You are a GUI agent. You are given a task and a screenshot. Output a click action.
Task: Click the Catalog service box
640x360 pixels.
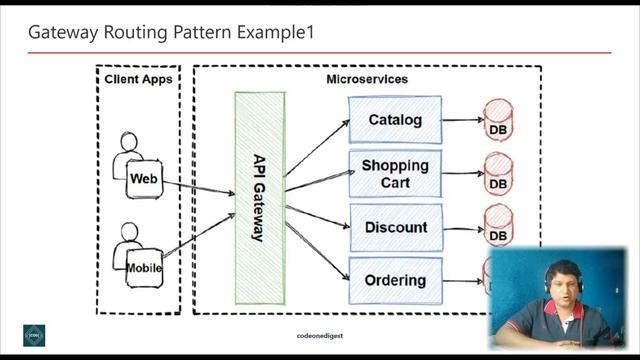point(395,120)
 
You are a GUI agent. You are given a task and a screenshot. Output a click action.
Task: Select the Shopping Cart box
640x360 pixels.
point(395,173)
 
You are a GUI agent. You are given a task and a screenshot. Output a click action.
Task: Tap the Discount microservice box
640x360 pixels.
point(395,227)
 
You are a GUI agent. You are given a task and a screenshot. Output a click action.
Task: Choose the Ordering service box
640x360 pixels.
point(395,281)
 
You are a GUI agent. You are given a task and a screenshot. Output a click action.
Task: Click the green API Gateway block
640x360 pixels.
point(259,198)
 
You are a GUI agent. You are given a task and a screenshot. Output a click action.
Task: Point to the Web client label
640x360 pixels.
point(144,178)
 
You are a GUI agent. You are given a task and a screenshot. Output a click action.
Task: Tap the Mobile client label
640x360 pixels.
point(144,268)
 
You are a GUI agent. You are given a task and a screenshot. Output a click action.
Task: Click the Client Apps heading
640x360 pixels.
point(139,79)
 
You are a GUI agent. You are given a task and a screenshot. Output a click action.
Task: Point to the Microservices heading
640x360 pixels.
point(367,79)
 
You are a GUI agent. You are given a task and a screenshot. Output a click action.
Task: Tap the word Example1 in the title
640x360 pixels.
point(275,32)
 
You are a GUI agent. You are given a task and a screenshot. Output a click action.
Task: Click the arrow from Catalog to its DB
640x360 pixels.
point(462,120)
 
